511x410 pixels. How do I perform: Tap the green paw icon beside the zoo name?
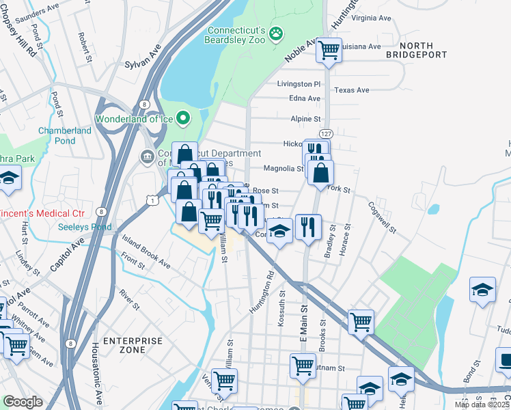click(x=276, y=33)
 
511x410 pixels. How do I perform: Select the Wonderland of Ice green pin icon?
click(x=182, y=119)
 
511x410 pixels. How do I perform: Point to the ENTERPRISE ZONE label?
click(x=133, y=344)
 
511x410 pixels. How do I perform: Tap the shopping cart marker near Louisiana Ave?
click(x=329, y=50)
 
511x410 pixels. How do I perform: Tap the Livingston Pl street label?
click(x=299, y=84)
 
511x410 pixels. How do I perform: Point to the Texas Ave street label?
click(x=352, y=90)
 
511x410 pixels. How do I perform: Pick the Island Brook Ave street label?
click(x=146, y=251)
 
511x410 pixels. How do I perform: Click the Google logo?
click(x=23, y=402)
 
